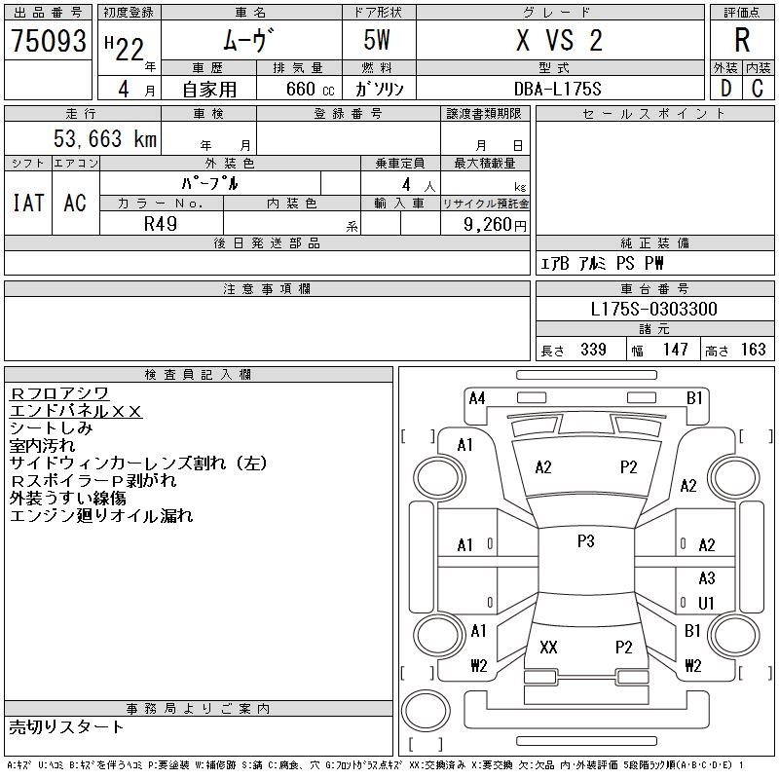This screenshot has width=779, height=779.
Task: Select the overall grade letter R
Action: click(742, 41)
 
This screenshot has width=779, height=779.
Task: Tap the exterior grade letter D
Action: click(725, 89)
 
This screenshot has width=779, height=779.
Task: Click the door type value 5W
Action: click(379, 41)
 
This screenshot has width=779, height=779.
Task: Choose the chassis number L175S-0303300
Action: click(654, 310)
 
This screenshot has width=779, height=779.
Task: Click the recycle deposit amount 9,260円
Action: click(497, 224)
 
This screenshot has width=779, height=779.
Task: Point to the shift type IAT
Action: click(28, 203)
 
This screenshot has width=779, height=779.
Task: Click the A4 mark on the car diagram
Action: click(477, 397)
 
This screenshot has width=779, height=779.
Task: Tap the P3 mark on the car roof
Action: click(585, 541)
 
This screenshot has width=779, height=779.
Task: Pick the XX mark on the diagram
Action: click(548, 647)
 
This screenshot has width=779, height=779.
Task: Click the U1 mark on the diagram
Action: click(707, 603)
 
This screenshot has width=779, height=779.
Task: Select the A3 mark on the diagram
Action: click(707, 578)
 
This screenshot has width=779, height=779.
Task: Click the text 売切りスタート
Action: click(67, 726)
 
